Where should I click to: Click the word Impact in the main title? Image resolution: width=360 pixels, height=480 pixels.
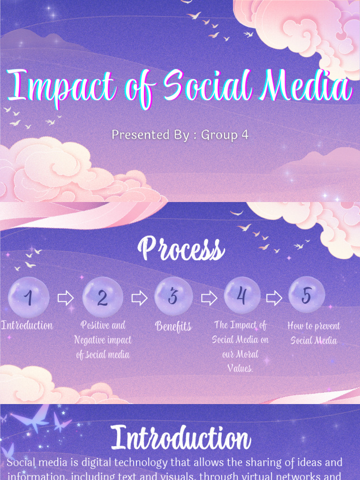[60, 87]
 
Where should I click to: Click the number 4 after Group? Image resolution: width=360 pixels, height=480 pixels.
[244, 135]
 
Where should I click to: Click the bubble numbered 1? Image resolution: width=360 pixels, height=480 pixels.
[29, 297]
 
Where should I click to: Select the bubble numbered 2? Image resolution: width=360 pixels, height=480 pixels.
[103, 297]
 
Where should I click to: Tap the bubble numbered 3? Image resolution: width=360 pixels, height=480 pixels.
[173, 296]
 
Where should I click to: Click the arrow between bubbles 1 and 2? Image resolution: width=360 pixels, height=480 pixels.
[66, 298]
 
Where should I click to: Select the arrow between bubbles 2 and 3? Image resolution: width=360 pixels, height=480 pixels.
[139, 298]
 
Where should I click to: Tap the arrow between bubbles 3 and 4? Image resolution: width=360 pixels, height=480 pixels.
[209, 298]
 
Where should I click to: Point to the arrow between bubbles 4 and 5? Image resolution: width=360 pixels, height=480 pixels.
[274, 297]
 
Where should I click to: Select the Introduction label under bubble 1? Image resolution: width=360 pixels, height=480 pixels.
[27, 325]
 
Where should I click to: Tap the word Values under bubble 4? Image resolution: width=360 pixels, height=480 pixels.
[240, 368]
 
